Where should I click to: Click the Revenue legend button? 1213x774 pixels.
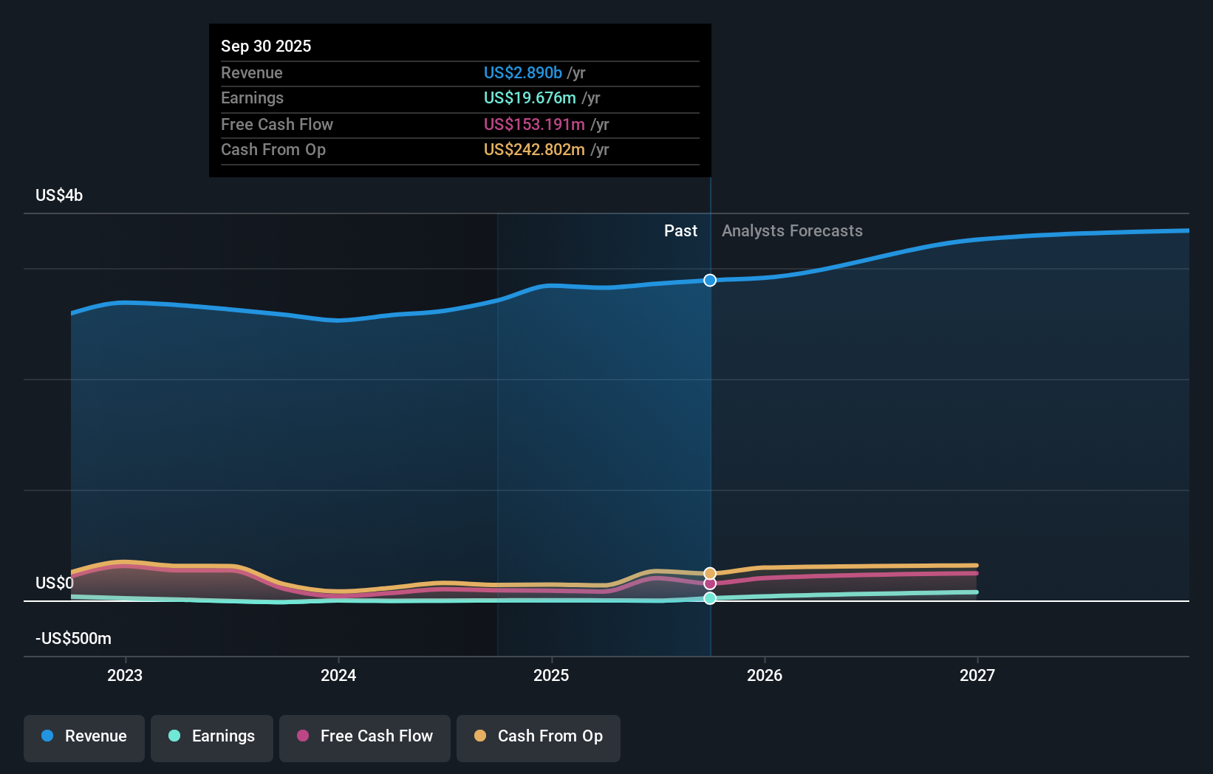(x=84, y=736)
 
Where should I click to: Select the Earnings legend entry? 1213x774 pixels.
(x=212, y=736)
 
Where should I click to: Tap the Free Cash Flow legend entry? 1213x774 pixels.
(x=365, y=736)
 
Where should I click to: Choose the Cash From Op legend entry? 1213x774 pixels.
(x=539, y=736)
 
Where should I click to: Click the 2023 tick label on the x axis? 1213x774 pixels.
(x=125, y=675)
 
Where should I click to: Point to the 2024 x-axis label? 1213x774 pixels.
(x=338, y=675)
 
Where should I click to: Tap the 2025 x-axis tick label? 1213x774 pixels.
(x=551, y=675)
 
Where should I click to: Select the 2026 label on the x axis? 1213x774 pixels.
(x=765, y=675)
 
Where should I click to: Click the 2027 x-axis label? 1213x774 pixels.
(x=977, y=675)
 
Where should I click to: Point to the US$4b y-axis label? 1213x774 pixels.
(x=59, y=196)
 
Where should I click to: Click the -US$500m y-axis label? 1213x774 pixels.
(x=73, y=639)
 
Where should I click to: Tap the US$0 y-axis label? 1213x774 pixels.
(x=55, y=583)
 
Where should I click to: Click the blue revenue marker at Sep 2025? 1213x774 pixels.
(x=710, y=280)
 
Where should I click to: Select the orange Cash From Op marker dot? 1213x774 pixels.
(x=710, y=573)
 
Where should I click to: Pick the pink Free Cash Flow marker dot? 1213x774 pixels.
(x=710, y=583)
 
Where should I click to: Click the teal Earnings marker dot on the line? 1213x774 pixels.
(x=710, y=598)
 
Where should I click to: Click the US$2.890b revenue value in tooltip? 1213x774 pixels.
(x=522, y=73)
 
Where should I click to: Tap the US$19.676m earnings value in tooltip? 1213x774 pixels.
(x=530, y=98)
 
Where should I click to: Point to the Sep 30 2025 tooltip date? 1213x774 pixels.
(x=266, y=46)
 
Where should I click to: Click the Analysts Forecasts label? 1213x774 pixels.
(x=792, y=231)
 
